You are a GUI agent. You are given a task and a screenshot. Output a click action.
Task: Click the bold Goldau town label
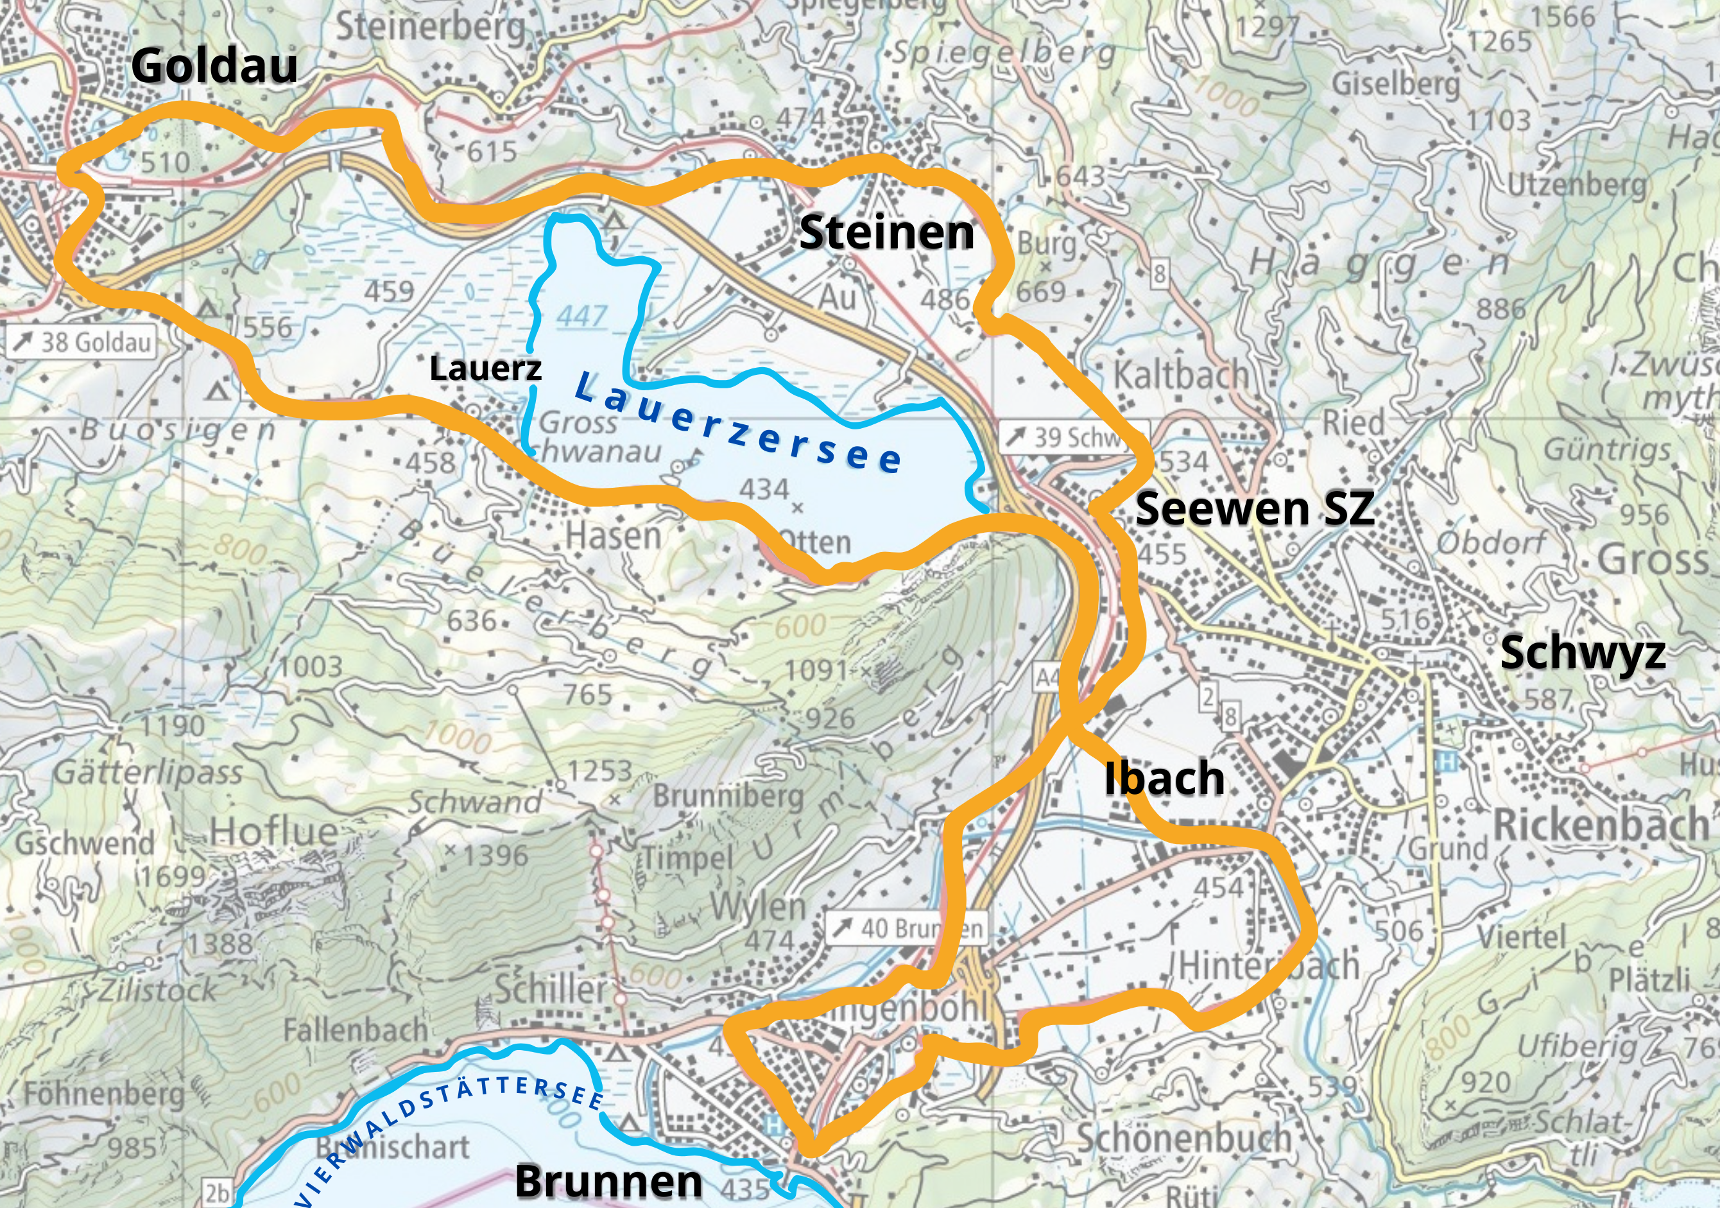point(214,66)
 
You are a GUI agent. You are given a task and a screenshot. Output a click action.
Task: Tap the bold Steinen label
point(886,232)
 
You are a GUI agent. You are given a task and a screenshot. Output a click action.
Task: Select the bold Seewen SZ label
point(1255,509)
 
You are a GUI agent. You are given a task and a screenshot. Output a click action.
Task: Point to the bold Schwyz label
point(1582,652)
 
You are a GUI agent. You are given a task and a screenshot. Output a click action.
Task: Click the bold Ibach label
point(1164,778)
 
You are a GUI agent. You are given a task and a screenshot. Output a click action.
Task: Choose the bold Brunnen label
point(608,1182)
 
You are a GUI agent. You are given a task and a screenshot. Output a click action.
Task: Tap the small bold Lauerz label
point(485,368)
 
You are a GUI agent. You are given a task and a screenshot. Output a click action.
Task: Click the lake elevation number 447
point(581,316)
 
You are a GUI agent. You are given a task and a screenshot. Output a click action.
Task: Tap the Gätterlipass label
point(148,772)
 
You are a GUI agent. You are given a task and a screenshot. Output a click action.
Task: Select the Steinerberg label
point(430,28)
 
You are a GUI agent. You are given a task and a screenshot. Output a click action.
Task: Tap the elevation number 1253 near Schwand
point(599,770)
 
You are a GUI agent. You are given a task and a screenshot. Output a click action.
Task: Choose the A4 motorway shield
point(1047,677)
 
